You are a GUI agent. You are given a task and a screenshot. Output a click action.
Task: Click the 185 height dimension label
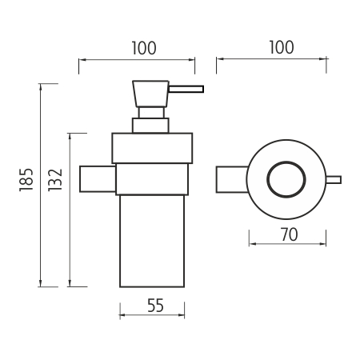click(x=26, y=179)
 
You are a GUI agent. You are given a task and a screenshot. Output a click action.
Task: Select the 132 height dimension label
click(x=55, y=179)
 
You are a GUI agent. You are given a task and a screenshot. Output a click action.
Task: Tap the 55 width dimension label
click(x=155, y=306)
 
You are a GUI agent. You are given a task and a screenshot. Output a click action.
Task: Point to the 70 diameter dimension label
click(x=289, y=234)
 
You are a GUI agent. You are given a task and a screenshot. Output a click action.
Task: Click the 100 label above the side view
click(x=144, y=48)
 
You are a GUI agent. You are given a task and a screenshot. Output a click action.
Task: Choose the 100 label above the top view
click(x=282, y=47)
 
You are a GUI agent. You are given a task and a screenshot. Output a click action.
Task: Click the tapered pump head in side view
click(x=150, y=94)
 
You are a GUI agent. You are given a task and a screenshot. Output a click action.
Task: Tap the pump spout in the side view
click(x=186, y=89)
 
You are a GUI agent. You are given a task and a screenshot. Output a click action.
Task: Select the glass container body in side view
click(x=152, y=241)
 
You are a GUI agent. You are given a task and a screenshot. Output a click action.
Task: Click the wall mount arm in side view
click(x=98, y=179)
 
